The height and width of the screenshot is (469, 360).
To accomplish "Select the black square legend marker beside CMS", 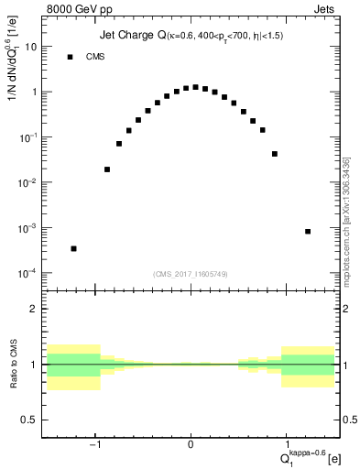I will pos(70,57).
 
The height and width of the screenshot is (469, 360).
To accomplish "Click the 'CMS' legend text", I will pos(95,57).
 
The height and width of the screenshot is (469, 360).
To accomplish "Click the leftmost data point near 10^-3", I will pos(73,248).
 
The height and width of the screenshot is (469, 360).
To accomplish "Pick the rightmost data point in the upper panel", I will pos(308,232).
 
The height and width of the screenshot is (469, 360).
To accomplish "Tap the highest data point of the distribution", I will pos(195,87).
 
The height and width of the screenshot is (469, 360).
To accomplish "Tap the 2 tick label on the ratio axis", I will pos(35,309).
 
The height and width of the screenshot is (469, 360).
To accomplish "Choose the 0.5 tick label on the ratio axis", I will pos(30,420).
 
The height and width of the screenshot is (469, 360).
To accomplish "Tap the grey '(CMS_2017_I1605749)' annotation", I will pos(191,274).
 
